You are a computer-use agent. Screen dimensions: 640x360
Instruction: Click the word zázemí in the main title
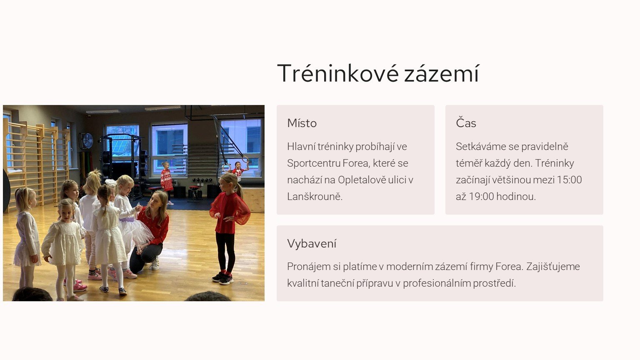(x=441, y=73)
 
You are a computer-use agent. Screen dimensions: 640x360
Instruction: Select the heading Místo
(x=302, y=123)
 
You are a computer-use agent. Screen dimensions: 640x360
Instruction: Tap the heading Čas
(x=466, y=123)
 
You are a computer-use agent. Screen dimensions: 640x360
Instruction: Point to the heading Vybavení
(x=312, y=244)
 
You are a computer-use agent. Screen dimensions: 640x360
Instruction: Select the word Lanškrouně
(x=315, y=197)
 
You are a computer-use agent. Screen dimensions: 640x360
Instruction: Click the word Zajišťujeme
(x=553, y=267)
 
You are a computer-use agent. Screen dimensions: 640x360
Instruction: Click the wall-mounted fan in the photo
(x=87, y=141)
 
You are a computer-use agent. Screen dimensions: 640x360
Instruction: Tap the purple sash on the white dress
(x=127, y=220)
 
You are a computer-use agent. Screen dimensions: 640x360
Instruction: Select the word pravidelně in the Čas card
(x=545, y=147)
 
